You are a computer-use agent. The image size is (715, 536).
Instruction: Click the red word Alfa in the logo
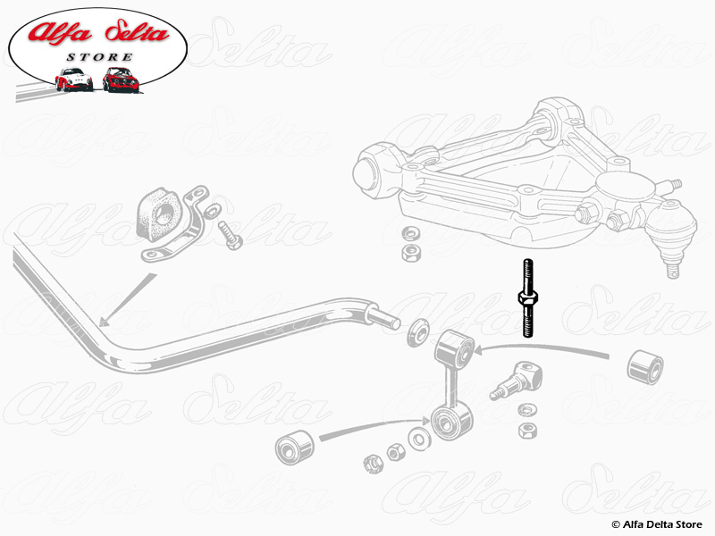point(59,35)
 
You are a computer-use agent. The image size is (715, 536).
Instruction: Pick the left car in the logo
point(73,79)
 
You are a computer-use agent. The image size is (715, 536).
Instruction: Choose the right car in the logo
point(120,79)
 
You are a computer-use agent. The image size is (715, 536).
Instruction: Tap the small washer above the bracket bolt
point(214,210)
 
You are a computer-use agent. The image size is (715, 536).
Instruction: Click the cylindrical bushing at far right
point(643,368)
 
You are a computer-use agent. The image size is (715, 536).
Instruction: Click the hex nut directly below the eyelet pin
point(527,431)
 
